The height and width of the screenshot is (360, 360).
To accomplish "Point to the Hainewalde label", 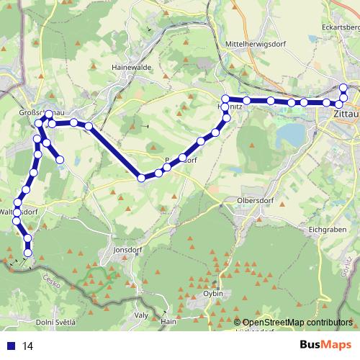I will click(x=130, y=67).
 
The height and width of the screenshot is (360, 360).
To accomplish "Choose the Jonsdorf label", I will click(x=119, y=251).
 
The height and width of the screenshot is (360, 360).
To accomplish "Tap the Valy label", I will click(x=141, y=315).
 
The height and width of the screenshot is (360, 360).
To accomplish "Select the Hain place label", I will click(x=168, y=322).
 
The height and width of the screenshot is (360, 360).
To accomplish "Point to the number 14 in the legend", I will click(x=28, y=346).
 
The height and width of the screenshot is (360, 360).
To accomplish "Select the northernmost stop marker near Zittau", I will click(x=344, y=89).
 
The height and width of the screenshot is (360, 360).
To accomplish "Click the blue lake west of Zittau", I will click(x=290, y=134).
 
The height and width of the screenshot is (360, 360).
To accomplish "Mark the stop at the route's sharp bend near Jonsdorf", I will click(x=142, y=178).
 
